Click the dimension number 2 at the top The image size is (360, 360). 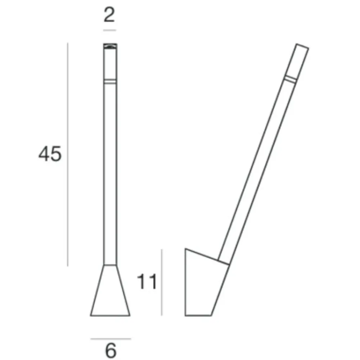coord(109,15)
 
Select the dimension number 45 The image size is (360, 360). coord(50,154)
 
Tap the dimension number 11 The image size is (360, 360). coord(147,282)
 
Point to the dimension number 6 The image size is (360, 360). coord(111,350)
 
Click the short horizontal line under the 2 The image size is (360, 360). coord(109,30)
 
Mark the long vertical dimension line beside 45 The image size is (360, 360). coord(68,154)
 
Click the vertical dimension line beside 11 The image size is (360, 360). coord(162,282)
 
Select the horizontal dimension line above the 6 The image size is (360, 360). coord(111,338)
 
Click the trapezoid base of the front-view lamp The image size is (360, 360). coord(110,291)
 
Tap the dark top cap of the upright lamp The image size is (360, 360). coord(110,46)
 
